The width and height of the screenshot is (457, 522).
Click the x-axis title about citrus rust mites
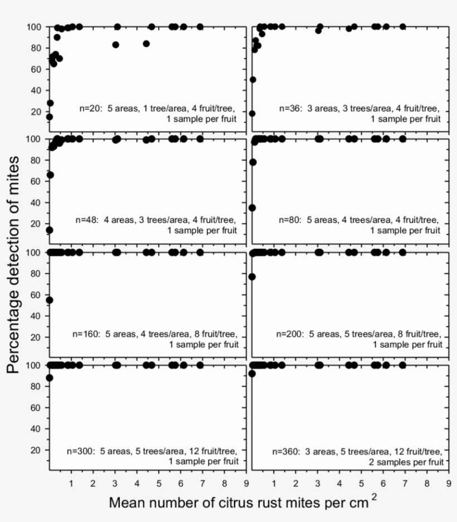(x=239, y=502)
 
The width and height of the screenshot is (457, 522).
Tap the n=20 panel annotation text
(x=158, y=114)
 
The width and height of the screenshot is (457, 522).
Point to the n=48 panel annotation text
(x=156, y=225)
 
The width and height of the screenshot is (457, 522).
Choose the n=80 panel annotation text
(x=358, y=225)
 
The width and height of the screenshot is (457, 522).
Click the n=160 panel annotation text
(x=155, y=339)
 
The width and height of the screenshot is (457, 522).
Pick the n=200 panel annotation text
(x=359, y=339)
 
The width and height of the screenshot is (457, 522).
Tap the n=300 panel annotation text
(x=153, y=456)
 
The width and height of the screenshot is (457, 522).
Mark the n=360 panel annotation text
(x=358, y=456)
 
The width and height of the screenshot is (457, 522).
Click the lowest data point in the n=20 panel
(x=49, y=117)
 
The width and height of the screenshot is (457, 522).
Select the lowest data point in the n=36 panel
(x=252, y=113)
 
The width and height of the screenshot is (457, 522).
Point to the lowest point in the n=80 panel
(x=252, y=207)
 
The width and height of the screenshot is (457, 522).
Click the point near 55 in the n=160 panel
(x=49, y=300)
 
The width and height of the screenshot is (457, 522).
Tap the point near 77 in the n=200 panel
(x=252, y=277)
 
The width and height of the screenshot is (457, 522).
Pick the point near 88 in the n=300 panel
(x=49, y=378)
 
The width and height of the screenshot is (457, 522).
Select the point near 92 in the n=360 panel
(x=252, y=374)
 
